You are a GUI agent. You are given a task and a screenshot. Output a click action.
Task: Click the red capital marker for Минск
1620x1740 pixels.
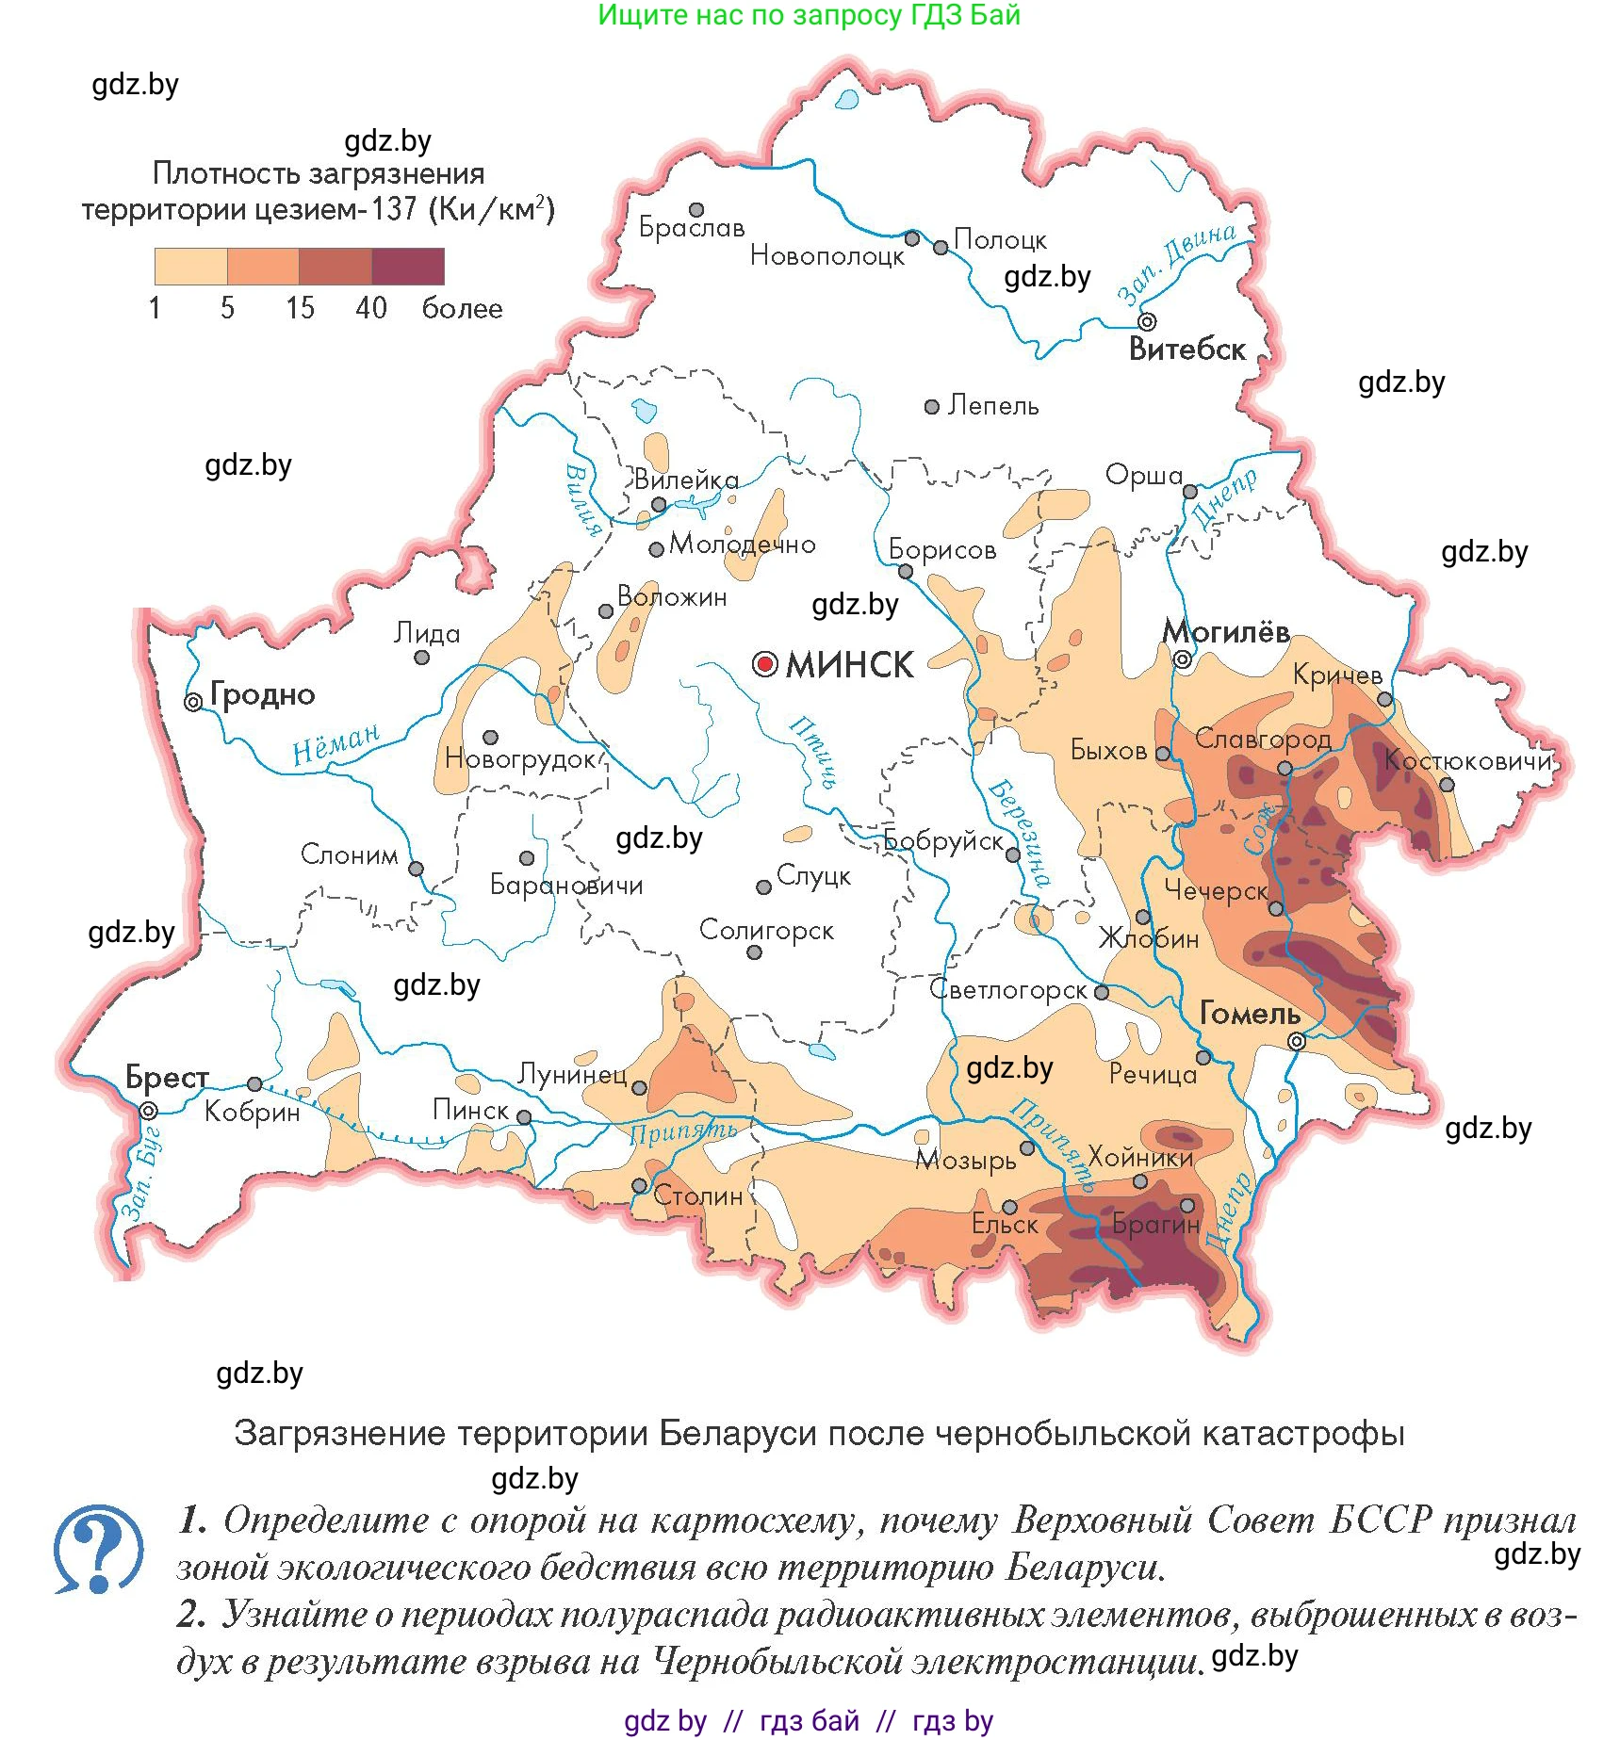tap(764, 665)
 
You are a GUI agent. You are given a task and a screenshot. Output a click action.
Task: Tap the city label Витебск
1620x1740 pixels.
tap(1186, 350)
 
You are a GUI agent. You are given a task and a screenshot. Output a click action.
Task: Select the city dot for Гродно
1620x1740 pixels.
tap(193, 702)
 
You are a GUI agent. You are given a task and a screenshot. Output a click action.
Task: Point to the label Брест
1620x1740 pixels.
tap(167, 1077)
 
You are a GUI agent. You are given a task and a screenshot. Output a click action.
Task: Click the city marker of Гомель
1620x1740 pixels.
tap(1297, 1041)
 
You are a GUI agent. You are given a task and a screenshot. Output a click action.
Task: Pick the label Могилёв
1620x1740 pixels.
tap(1226, 631)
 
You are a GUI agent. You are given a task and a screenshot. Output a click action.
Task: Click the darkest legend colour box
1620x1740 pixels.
tap(408, 267)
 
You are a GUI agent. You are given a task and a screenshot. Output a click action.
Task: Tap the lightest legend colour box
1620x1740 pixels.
tap(190, 267)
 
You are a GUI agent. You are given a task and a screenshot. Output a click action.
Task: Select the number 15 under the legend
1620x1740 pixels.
tap(300, 308)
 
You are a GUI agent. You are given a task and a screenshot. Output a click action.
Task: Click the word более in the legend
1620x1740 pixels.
tap(462, 308)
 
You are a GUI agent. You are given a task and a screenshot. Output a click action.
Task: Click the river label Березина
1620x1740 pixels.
tap(1019, 833)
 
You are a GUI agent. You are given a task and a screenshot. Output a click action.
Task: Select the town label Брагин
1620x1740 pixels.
tap(1155, 1225)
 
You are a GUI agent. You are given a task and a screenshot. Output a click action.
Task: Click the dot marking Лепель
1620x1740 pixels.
tap(932, 407)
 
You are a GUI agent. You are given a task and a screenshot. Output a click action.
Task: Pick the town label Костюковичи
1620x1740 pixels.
tap(1466, 760)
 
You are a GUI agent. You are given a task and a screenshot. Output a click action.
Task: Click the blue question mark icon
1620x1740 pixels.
tap(98, 1549)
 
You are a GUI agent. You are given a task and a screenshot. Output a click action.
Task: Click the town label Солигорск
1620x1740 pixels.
tap(766, 931)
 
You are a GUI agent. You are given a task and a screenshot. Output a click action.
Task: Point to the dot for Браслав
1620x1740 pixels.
tap(696, 210)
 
